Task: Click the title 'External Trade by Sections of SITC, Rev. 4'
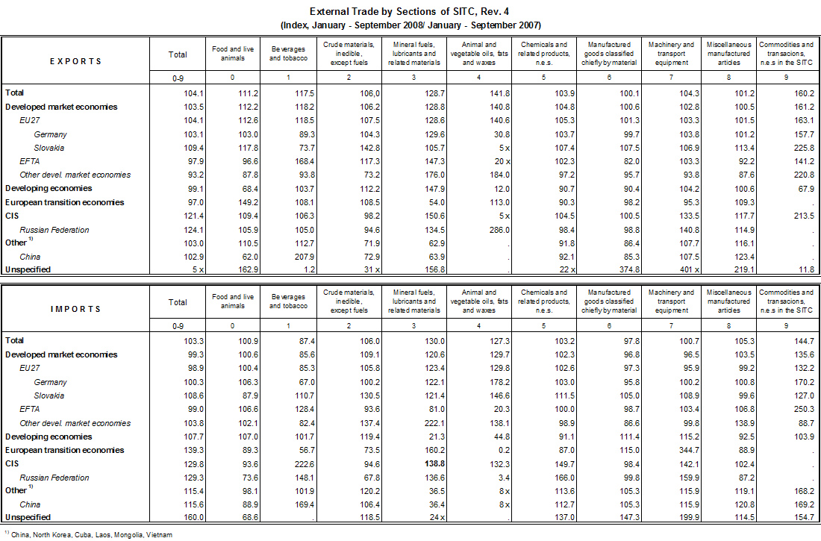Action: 410,12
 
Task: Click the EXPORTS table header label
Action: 75,61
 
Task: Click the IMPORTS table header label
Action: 75,309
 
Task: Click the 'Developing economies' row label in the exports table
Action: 49,189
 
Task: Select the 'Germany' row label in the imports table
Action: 50,382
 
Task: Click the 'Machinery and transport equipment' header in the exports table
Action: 671,54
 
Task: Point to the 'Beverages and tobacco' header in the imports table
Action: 287,301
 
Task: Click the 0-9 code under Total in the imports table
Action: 178,327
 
